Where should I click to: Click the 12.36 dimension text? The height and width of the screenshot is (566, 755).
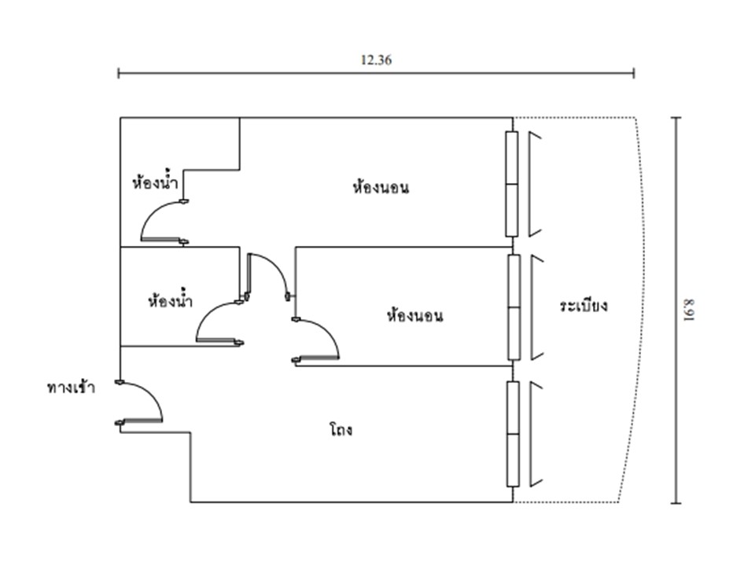point(376,60)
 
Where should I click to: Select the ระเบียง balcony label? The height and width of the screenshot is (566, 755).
point(584,306)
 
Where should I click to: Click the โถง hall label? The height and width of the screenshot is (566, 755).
point(341,430)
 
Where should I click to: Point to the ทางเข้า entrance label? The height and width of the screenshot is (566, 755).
point(71,388)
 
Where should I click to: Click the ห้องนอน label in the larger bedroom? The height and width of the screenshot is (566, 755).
point(381,188)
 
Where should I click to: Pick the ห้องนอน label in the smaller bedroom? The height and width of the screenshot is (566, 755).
point(414,316)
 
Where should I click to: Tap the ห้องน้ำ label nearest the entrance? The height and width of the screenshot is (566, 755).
point(170,301)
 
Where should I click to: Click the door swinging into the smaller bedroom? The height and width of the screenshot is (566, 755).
point(318,341)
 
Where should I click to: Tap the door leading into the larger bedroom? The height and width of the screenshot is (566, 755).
point(267,275)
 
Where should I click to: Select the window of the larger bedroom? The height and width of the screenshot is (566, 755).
point(512,184)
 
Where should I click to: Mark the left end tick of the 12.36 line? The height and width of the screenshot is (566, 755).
point(119,73)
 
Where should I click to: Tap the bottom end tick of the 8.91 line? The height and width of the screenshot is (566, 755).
point(676,502)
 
